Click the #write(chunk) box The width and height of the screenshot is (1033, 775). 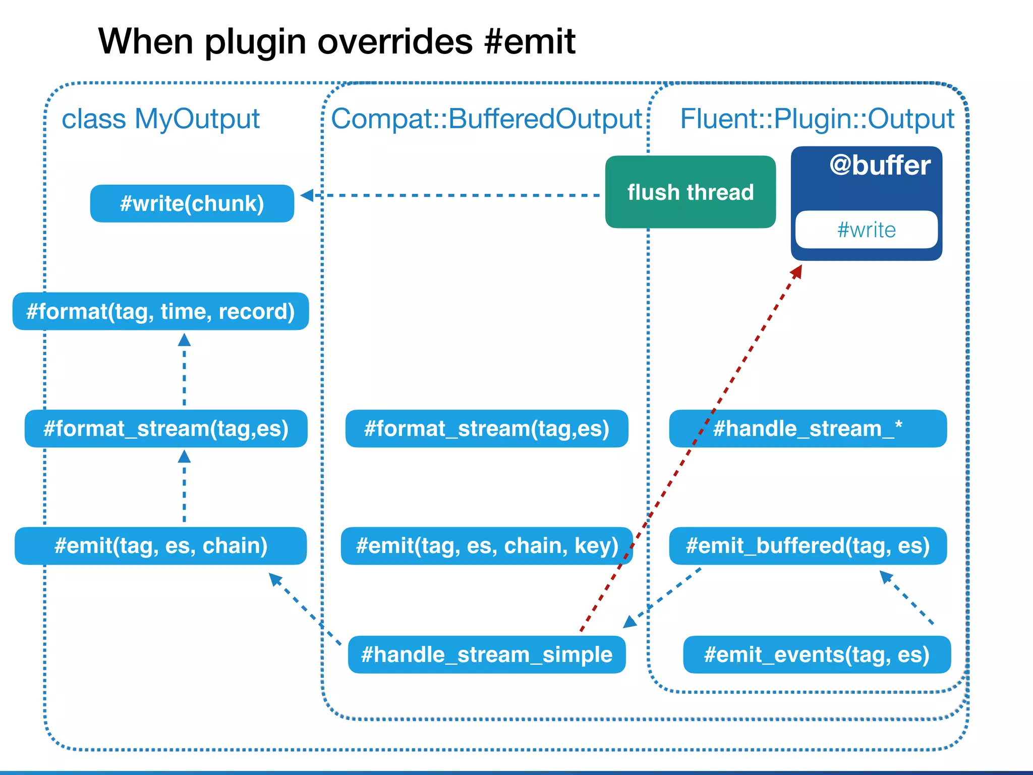pos(192,203)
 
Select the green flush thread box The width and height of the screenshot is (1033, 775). pos(690,192)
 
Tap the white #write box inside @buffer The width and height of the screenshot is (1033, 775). pos(866,230)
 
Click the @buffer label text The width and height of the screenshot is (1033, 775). pos(880,165)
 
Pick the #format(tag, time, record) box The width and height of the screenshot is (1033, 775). pos(160,311)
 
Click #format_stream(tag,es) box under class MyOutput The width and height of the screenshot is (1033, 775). pos(165,428)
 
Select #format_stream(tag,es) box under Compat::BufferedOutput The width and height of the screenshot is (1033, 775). pos(486,428)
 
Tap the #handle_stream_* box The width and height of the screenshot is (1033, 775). pos(808,428)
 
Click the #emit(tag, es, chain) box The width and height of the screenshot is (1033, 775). pos(160,546)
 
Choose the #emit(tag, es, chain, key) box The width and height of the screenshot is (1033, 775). pos(486,546)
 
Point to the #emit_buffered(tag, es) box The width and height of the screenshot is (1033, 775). pos(808,546)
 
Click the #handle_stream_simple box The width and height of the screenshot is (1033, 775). pos(486,654)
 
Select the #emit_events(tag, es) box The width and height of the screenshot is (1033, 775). pos(817,654)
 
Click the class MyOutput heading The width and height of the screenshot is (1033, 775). pos(160,119)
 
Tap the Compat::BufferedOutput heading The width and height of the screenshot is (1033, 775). pos(486,119)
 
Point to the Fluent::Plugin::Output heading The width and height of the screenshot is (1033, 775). pos(817,119)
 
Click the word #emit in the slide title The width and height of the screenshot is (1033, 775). pos(529,41)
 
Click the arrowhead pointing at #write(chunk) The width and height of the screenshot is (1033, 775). pos(307,195)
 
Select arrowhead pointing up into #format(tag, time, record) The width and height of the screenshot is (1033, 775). pos(184,340)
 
